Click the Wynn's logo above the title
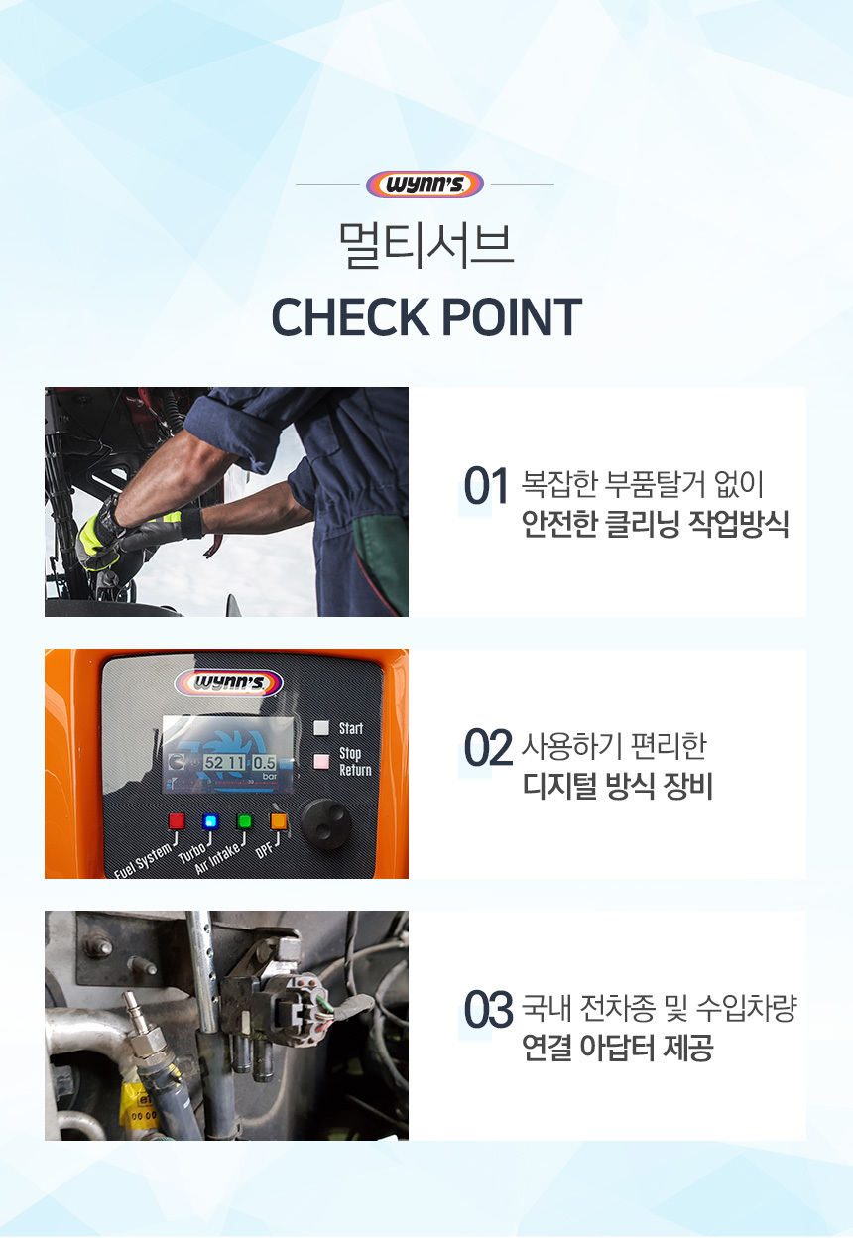pos(425,185)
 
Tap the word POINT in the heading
pos(512,316)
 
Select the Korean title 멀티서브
pos(426,246)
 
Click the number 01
pos(486,486)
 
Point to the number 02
pos(488,747)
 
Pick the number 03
pos(488,1009)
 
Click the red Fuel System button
pos(177,821)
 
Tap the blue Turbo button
pos(210,821)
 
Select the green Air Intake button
pos(244,821)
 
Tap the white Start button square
pos(321,728)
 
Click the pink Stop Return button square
pos(321,762)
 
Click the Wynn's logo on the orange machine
pos(229,683)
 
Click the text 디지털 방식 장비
pos(618,786)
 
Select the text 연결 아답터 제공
pos(618,1048)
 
